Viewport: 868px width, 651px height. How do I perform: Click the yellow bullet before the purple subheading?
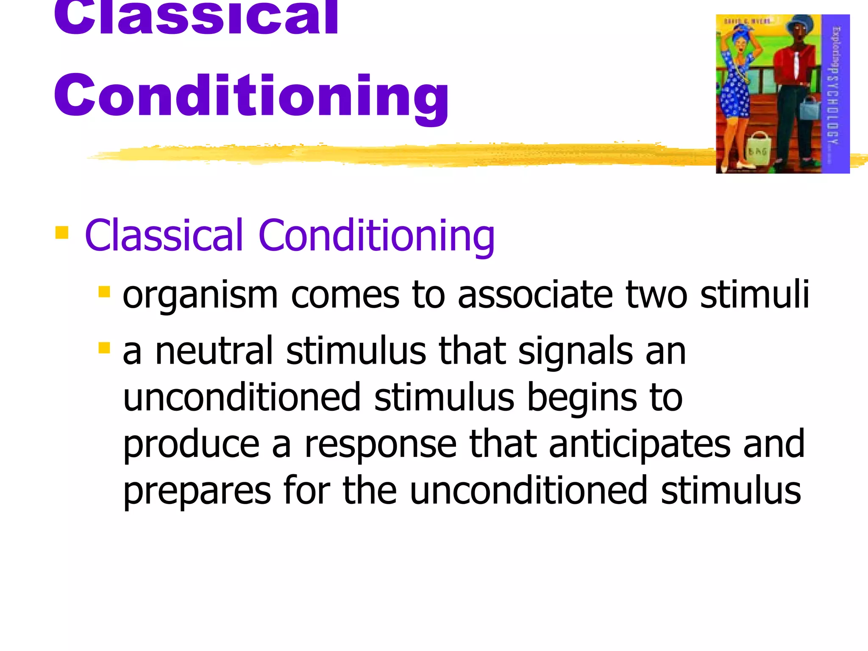[x=62, y=233]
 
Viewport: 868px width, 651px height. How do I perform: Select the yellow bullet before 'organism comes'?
[x=104, y=292]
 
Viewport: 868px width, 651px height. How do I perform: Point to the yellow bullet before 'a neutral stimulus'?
[x=104, y=348]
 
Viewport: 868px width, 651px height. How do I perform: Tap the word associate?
[x=535, y=295]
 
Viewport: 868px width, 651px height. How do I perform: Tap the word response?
[x=380, y=446]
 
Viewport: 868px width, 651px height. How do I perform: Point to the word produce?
[x=191, y=446]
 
